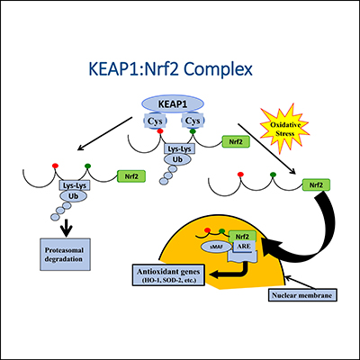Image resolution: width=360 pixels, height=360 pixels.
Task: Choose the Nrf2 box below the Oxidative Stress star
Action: pos(315,184)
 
